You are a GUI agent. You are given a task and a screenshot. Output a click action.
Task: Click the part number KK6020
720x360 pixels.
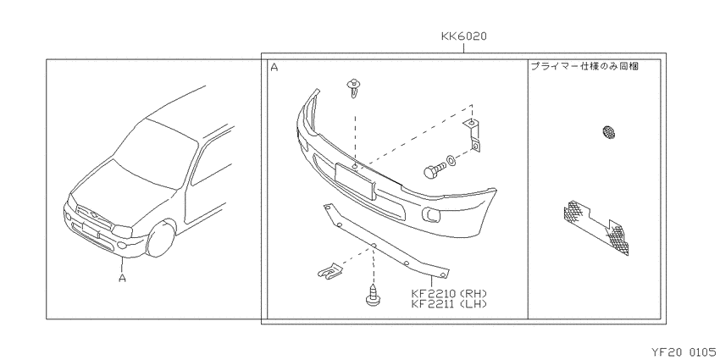[464, 36]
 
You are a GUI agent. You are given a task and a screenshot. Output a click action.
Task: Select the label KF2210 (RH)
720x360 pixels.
[449, 293]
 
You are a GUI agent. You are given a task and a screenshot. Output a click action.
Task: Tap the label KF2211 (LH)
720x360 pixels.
[449, 303]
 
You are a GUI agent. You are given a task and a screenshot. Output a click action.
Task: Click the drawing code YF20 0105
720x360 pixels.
[684, 352]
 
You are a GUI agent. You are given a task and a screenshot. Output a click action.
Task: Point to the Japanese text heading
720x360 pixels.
[584, 66]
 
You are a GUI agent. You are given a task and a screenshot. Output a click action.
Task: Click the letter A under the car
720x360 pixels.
[122, 278]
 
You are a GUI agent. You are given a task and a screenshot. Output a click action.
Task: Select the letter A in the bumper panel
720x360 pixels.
[274, 68]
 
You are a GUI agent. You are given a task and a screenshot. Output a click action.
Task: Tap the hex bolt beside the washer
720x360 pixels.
[434, 170]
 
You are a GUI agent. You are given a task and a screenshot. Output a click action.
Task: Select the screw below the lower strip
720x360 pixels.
[374, 296]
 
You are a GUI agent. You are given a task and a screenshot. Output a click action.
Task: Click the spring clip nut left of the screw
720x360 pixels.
[329, 271]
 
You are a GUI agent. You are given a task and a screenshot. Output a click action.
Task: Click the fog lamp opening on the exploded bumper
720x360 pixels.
[431, 214]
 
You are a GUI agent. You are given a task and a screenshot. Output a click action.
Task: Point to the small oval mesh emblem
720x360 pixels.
[609, 132]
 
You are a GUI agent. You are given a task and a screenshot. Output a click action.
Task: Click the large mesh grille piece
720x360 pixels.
[596, 227]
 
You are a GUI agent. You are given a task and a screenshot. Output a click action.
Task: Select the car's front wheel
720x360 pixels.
[160, 239]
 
